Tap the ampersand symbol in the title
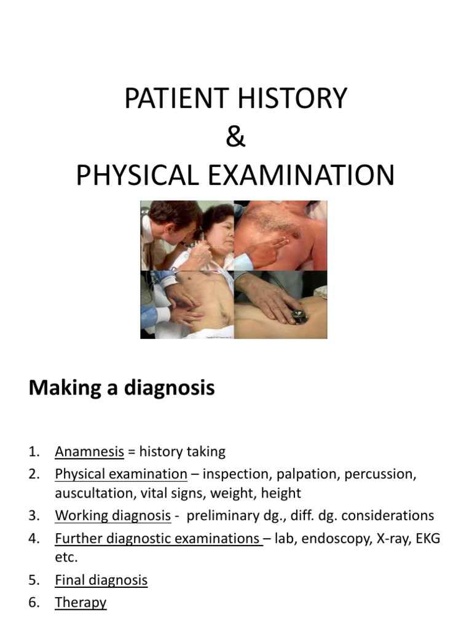(235, 137)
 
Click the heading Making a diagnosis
(122, 388)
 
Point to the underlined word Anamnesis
(90, 452)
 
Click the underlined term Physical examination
(121, 474)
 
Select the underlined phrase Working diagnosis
(113, 516)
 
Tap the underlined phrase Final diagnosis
(101, 580)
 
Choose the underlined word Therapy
(81, 603)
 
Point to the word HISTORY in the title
(288, 99)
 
